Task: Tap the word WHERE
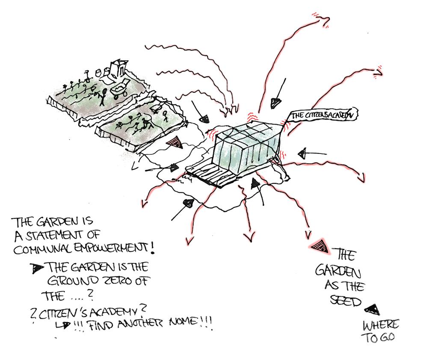coord(381,325)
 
